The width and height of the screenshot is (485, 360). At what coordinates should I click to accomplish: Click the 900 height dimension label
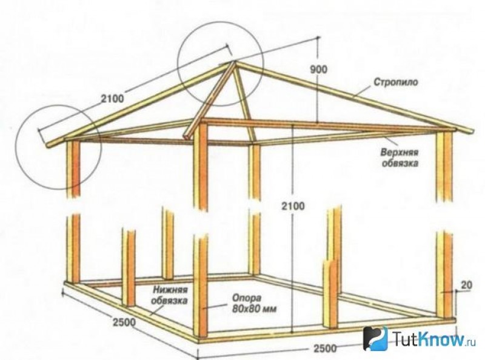point(318,69)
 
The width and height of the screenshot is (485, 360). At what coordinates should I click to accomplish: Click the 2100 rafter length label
point(112,98)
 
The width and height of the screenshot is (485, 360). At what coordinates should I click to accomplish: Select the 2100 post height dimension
point(293,205)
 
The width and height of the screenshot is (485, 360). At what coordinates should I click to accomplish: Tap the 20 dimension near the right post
point(466,285)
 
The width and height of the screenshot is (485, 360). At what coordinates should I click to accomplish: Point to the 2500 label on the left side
point(124,322)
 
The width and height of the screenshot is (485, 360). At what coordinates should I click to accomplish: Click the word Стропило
point(396,82)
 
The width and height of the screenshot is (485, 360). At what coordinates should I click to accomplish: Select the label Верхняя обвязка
point(400,158)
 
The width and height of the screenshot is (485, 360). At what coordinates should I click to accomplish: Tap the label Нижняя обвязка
point(170,295)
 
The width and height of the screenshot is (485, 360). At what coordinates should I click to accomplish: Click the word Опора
point(247,298)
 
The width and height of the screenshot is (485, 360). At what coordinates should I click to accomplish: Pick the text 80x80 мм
point(254,308)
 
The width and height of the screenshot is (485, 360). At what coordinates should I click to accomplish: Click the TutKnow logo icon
point(375,338)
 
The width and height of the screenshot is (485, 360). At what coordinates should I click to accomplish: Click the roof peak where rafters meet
point(234,62)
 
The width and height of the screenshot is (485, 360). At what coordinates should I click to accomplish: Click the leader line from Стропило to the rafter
point(363,91)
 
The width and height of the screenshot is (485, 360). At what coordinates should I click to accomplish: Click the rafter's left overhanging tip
point(47,145)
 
